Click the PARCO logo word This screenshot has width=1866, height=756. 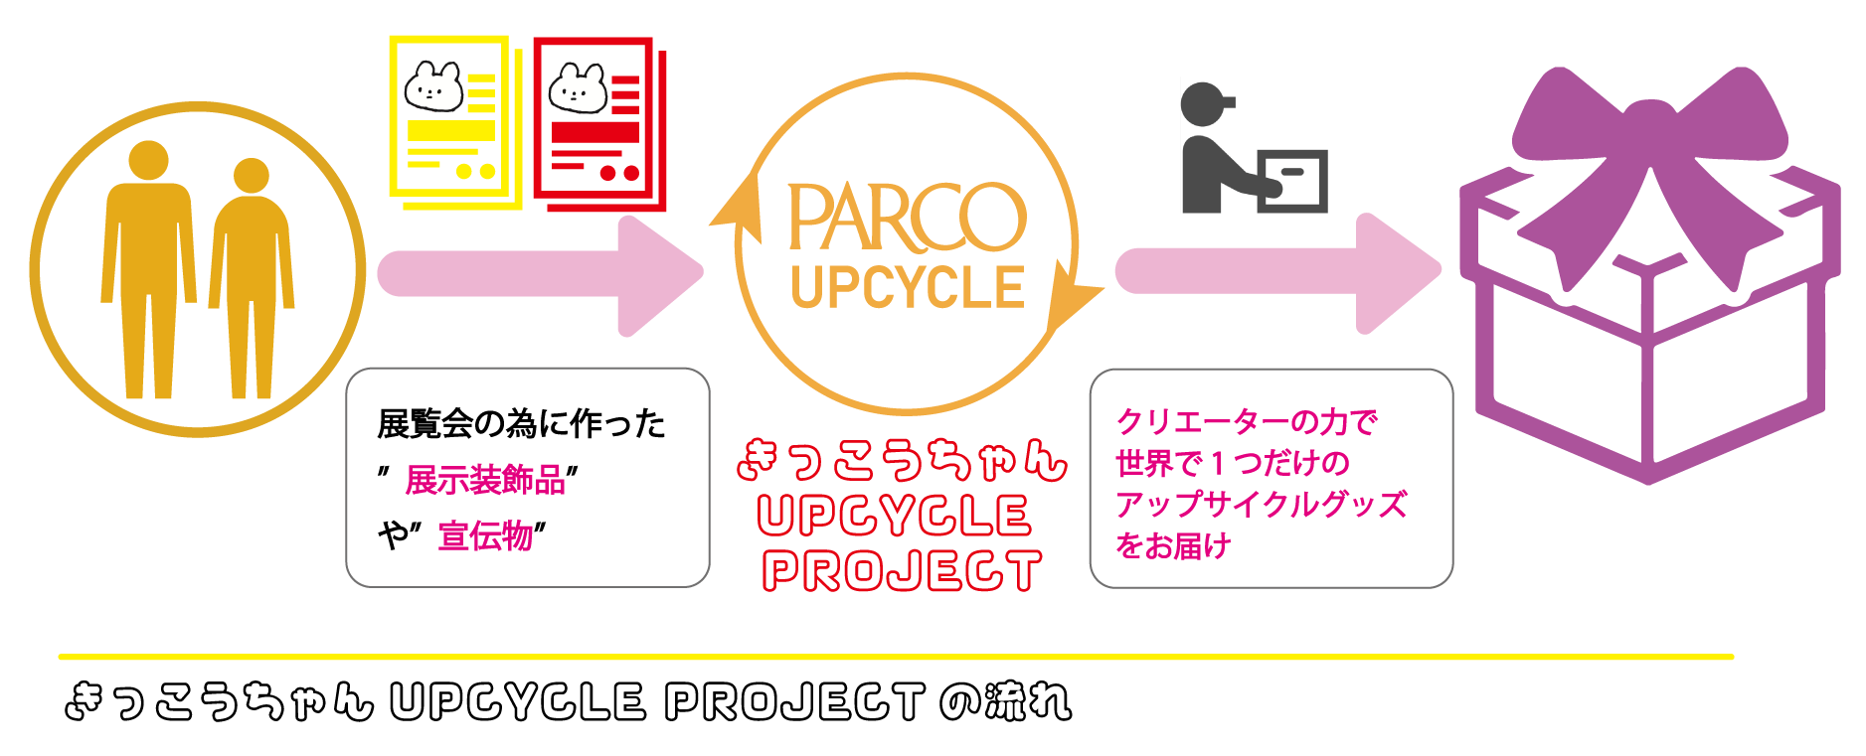click(x=906, y=217)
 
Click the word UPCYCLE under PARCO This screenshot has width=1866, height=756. click(x=907, y=288)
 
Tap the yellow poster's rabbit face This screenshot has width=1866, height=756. click(x=434, y=87)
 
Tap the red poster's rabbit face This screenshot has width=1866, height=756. click(x=578, y=88)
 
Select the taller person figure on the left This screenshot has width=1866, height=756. click(x=148, y=268)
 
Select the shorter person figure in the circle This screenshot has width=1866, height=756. click(x=251, y=278)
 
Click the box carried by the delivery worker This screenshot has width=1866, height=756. click(x=1293, y=180)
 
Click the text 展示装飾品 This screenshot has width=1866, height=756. click(x=485, y=481)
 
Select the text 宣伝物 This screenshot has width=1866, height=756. click(x=486, y=536)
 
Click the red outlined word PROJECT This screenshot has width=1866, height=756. click(x=902, y=571)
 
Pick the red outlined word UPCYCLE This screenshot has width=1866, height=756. click(x=894, y=516)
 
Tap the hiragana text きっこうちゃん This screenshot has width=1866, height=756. click(x=902, y=460)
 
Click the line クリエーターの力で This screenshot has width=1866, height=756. click(x=1247, y=422)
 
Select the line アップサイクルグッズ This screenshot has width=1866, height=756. click(x=1261, y=505)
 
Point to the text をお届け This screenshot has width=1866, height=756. click(x=1173, y=546)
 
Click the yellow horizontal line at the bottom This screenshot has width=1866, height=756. click(x=895, y=657)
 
